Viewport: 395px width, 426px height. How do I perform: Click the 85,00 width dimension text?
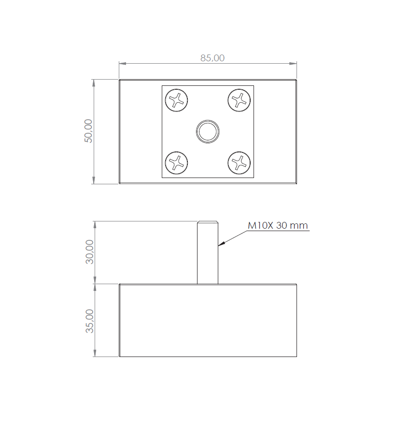pyautogui.click(x=212, y=58)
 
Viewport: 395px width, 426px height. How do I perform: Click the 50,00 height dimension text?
pyautogui.click(x=88, y=131)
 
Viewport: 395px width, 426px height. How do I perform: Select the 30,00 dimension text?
pyautogui.click(x=89, y=252)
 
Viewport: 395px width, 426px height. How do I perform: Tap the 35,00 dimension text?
pyautogui.click(x=89, y=321)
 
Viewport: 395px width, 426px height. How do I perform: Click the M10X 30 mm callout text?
pyautogui.click(x=278, y=225)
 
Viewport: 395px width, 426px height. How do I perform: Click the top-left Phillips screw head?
pyautogui.click(x=176, y=100)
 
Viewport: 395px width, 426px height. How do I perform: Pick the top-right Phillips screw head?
pyautogui.click(x=239, y=100)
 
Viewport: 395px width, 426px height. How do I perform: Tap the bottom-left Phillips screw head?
pyautogui.click(x=176, y=162)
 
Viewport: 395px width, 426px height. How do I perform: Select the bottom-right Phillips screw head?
pyautogui.click(x=239, y=162)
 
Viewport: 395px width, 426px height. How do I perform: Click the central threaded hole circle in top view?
pyautogui.click(x=208, y=131)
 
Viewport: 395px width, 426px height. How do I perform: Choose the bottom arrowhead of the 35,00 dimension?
pyautogui.click(x=95, y=354)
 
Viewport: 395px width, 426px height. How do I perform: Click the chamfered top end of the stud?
pyautogui.click(x=208, y=222)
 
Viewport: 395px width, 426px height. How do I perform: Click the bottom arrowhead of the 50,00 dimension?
pyautogui.click(x=95, y=180)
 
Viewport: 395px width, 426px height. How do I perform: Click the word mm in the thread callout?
pyautogui.click(x=300, y=225)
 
